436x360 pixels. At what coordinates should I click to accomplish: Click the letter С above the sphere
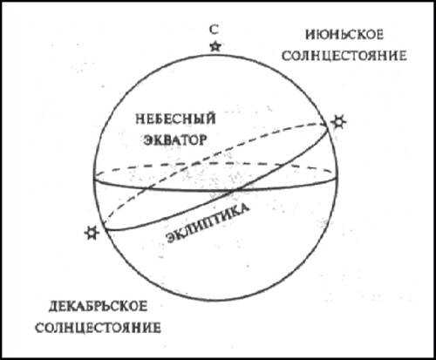coord(215,30)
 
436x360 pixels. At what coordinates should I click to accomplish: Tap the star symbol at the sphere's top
coord(215,46)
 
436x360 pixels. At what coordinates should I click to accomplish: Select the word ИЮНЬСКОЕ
coord(344,35)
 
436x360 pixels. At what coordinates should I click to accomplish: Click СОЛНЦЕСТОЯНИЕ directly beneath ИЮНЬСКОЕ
coord(344,56)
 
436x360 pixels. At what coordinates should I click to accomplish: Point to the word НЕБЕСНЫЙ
coord(175,119)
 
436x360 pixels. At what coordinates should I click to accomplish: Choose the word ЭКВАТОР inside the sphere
coord(175,140)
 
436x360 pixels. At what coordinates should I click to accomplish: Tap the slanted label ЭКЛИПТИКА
coord(208,223)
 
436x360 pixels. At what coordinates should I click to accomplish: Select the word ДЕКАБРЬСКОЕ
coord(98,307)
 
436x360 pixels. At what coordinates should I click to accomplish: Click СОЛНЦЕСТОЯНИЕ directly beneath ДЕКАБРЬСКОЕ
coord(98,328)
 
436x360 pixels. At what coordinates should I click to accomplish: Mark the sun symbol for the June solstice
coord(339,122)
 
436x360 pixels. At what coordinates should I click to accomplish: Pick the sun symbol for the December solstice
coord(92,233)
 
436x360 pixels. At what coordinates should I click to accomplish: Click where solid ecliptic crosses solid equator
coord(235,191)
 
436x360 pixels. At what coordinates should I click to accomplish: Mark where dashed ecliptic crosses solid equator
coord(145,188)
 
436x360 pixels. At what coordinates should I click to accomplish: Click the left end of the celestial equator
coord(93,179)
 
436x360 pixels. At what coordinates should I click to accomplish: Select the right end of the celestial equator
coord(337,178)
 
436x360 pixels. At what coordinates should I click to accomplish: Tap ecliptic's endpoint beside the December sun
coord(104,228)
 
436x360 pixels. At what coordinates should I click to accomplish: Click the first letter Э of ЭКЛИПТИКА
coord(171,238)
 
